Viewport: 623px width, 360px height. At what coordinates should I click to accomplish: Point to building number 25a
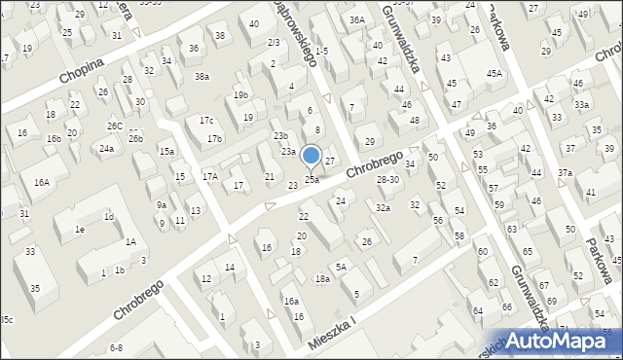311,179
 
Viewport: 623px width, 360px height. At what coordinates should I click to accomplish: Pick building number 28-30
387,179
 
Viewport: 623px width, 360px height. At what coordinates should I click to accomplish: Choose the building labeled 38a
202,76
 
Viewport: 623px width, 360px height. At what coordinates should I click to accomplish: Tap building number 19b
240,94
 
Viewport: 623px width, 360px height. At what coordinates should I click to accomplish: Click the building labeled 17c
205,120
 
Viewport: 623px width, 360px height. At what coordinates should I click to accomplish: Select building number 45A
495,74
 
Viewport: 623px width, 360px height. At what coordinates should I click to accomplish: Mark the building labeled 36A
357,19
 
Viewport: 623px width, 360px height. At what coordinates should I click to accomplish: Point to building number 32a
384,207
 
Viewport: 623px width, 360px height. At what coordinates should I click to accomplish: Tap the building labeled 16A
41,182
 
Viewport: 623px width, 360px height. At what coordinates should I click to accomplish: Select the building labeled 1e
80,229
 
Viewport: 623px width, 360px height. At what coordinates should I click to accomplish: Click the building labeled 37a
565,172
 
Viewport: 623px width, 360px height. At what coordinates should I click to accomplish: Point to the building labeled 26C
114,126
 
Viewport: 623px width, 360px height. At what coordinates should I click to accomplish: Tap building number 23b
280,135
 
